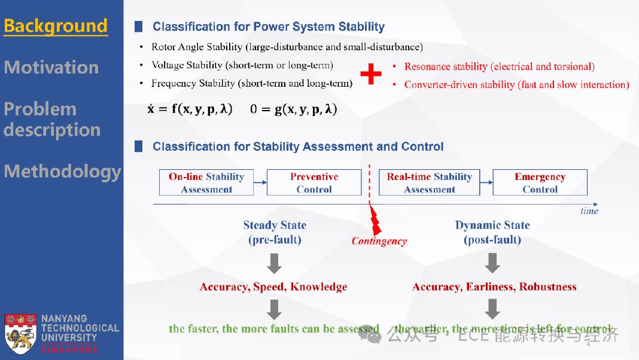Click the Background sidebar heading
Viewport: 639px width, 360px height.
click(x=56, y=26)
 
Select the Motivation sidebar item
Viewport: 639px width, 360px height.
click(x=51, y=67)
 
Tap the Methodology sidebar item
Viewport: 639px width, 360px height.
click(x=62, y=172)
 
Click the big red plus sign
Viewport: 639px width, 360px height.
click(x=371, y=75)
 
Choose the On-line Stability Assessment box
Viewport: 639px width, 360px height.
click(x=206, y=183)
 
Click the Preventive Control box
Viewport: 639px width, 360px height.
click(x=314, y=183)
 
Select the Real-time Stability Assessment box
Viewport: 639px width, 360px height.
click(x=429, y=183)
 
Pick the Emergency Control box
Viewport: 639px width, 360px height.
click(x=540, y=183)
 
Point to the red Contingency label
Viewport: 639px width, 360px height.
click(x=379, y=242)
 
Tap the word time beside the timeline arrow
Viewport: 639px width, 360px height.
click(x=589, y=210)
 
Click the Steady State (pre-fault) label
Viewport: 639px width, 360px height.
click(x=275, y=233)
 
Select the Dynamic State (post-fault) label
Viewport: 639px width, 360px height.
click(x=492, y=233)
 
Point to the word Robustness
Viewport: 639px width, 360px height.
click(x=547, y=287)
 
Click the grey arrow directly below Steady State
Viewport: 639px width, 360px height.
click(x=274, y=263)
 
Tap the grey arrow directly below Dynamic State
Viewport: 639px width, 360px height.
click(x=492, y=263)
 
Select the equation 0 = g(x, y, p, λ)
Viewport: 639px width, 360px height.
click(x=294, y=109)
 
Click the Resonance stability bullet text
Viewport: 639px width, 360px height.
click(x=499, y=66)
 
